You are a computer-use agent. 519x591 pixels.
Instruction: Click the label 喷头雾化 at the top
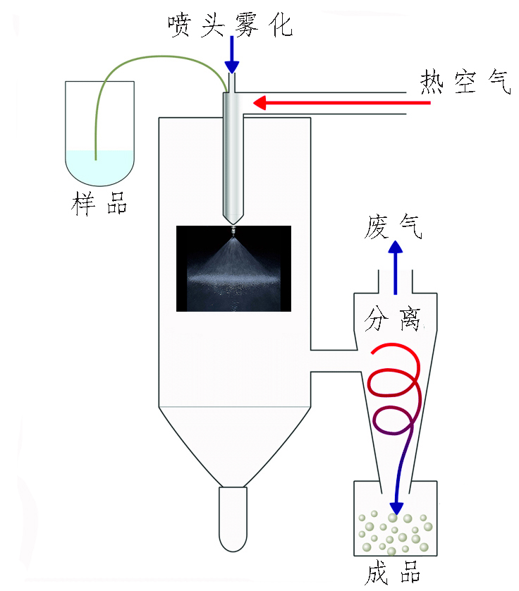230,26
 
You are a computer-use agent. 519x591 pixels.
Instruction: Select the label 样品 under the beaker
99,205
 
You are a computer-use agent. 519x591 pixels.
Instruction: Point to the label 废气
394,227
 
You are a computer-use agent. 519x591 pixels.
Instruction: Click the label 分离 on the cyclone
393,319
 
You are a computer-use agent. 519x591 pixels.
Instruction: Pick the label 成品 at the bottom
393,573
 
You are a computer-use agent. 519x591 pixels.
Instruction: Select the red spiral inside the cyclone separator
395,384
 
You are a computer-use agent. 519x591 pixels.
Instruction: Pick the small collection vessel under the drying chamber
233,519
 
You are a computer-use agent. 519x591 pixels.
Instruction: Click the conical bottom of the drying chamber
233,444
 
